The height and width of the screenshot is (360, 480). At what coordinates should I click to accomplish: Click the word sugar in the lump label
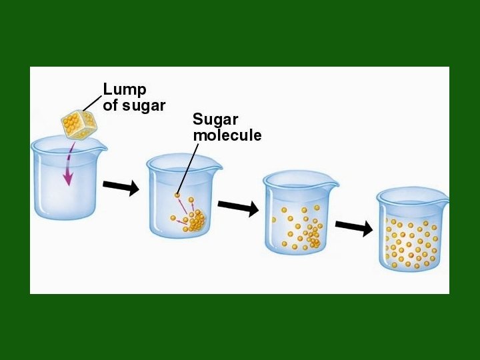(143, 105)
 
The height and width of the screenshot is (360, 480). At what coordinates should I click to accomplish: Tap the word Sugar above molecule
(215, 120)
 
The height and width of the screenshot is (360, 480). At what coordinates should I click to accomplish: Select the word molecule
(227, 135)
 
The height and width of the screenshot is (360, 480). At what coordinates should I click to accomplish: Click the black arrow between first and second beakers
(121, 188)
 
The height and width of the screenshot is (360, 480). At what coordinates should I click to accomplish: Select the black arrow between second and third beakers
(238, 208)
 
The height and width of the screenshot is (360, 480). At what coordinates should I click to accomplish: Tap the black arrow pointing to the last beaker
(354, 227)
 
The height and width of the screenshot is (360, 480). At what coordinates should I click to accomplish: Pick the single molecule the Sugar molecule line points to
(177, 195)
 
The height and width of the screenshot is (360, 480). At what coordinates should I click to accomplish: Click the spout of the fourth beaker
(444, 199)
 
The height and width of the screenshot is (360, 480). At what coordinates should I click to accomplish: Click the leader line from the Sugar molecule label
(189, 167)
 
